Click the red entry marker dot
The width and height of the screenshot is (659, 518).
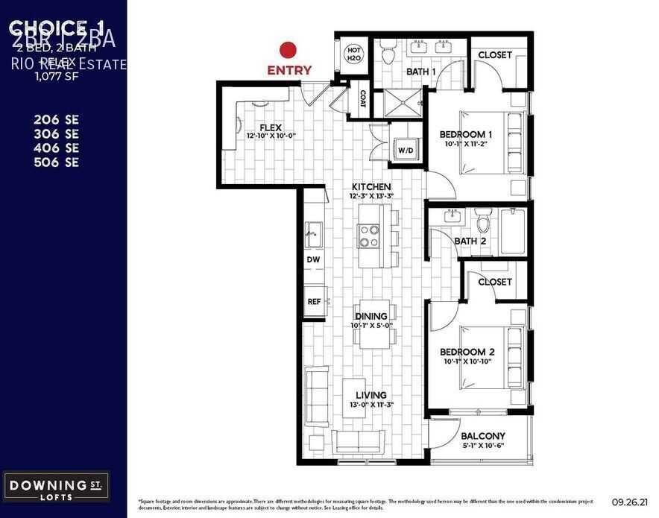point(288,51)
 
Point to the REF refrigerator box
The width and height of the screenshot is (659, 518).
point(314,302)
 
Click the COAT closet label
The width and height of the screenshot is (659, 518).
point(362,99)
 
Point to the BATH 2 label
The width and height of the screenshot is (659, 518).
point(471,241)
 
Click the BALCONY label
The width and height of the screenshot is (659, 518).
point(483,436)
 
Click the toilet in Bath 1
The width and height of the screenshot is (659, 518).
point(388,54)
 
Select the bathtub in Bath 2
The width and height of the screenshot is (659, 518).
point(513,231)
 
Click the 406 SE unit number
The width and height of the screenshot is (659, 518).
point(56,148)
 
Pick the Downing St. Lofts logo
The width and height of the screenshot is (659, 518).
point(57,487)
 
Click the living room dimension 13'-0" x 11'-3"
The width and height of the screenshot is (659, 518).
point(371,405)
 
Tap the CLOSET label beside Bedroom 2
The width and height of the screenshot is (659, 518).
point(495,282)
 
